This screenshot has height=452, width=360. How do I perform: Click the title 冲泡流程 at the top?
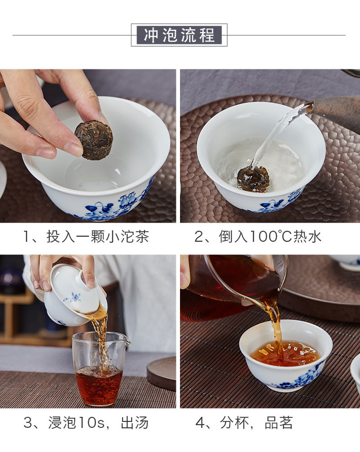point(179,35)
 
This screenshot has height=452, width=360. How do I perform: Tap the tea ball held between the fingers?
point(94,140)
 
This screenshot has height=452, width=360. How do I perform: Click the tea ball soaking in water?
point(253,179)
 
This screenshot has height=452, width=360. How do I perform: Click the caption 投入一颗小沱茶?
point(98,237)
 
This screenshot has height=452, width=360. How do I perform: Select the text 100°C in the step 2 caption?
point(271,237)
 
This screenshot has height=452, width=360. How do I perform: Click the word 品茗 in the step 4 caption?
point(279,422)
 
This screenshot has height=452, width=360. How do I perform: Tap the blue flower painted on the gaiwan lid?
point(72,297)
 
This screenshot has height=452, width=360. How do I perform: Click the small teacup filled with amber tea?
point(286,355)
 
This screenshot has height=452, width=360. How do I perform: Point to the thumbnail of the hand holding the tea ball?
point(88,146)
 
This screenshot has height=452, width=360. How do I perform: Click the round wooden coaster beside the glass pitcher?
point(162,373)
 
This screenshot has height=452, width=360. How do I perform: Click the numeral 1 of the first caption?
point(27,237)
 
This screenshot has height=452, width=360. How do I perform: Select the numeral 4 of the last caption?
point(200,423)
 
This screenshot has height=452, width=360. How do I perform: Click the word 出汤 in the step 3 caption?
point(135,422)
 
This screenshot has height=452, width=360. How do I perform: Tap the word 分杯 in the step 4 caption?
point(234,422)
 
